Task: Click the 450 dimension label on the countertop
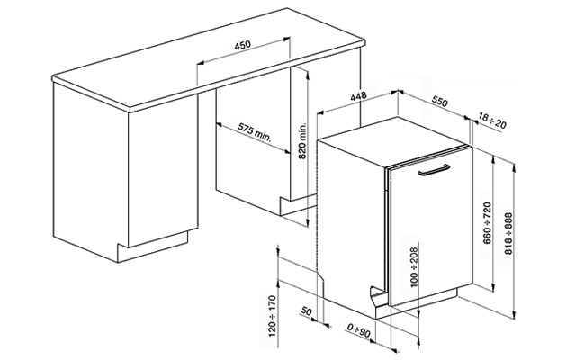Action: coord(242,45)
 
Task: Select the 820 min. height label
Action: coord(302,141)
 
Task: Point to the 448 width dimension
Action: coord(358,96)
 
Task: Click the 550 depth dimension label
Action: coord(439,101)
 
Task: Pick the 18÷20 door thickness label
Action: coord(492,121)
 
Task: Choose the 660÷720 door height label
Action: coord(487,223)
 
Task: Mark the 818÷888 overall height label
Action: coord(508,233)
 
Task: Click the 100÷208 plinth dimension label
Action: coord(414,267)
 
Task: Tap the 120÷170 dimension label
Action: coord(273,316)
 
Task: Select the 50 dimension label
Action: coord(306,310)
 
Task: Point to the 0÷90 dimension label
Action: coord(359,330)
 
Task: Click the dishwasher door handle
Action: coord(434,170)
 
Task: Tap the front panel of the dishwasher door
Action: coord(431,228)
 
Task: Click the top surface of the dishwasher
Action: coord(391,142)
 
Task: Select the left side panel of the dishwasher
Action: coord(351,224)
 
